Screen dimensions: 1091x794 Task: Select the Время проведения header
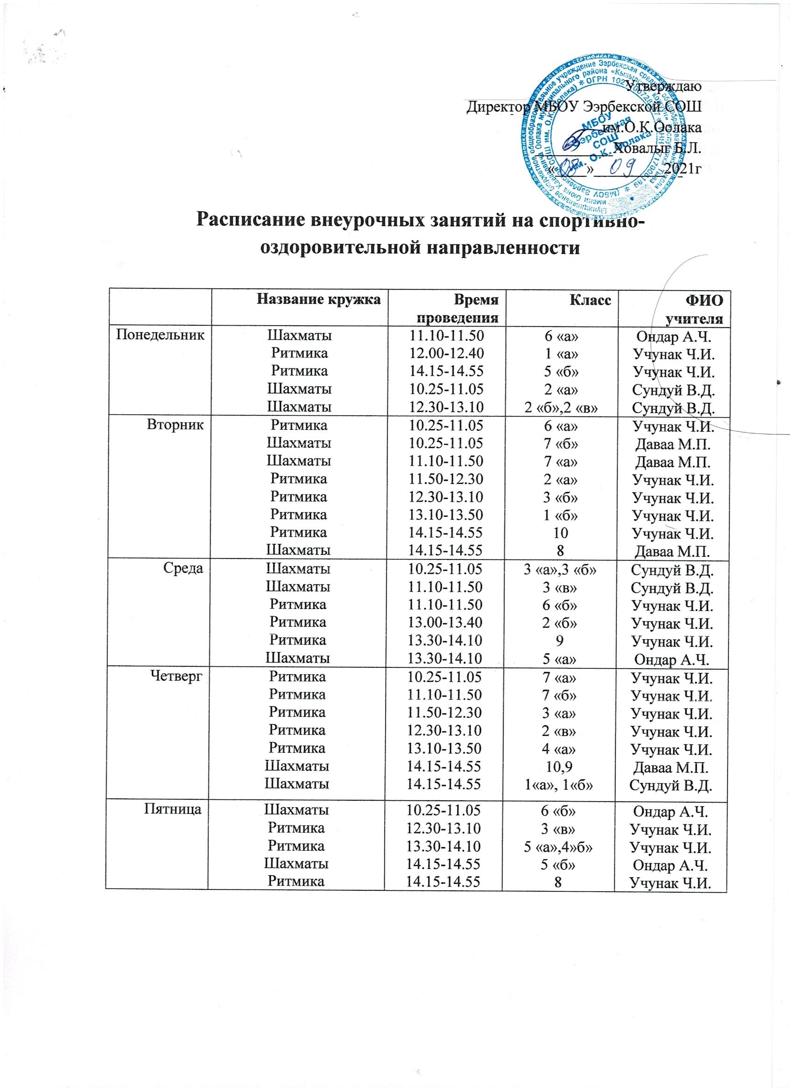(456, 309)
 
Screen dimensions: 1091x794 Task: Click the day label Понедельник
(156, 334)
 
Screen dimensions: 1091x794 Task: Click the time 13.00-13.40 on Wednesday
(445, 622)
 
